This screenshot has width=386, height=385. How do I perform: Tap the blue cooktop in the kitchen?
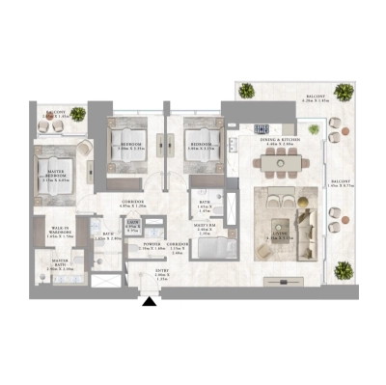[262, 128]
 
